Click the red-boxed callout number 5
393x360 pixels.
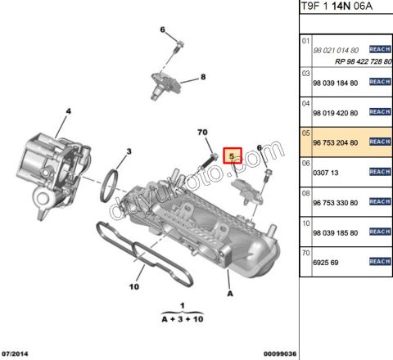pos(233,154)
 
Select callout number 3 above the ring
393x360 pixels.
pos(129,151)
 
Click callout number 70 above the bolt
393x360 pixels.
pos(203,133)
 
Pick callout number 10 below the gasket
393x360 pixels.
pos(134,286)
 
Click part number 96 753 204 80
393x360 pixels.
pos(336,142)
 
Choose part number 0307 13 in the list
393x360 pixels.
pos(325,173)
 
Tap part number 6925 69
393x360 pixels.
pos(325,263)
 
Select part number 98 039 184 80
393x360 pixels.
pos(336,83)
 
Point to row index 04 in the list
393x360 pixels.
pos(307,103)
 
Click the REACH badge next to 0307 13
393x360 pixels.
pos(379,172)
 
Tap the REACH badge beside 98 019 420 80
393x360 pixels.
pos(379,112)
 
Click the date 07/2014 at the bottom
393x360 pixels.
pos(17,353)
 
